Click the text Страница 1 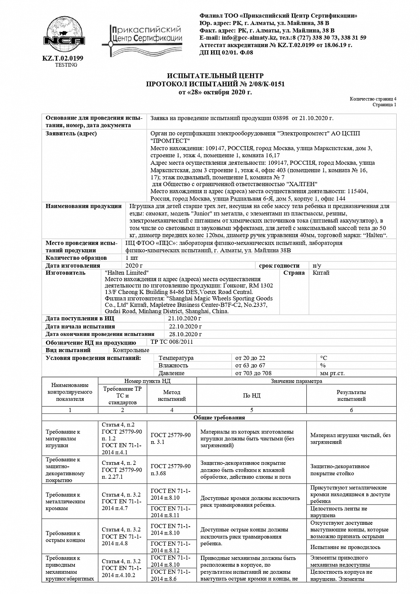(x=384, y=105)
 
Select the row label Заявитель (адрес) (x=71, y=133)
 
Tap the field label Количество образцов (x=76, y=258)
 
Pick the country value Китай (x=321, y=272)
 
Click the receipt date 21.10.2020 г (x=185, y=318)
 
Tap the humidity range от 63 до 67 (x=250, y=366)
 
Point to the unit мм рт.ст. (x=332, y=373)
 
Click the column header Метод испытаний (x=171, y=395)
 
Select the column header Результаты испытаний (x=351, y=395)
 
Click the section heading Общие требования (x=219, y=417)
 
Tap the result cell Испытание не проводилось (x=345, y=547)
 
